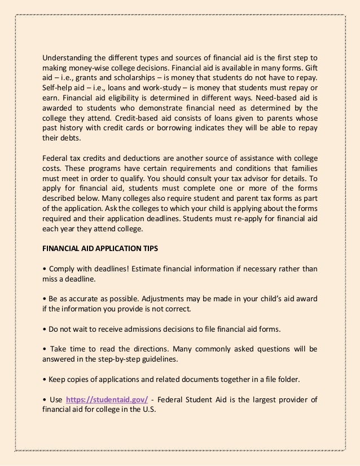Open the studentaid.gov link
pyautogui.click(x=107, y=400)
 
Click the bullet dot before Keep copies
pyautogui.click(x=45, y=380)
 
